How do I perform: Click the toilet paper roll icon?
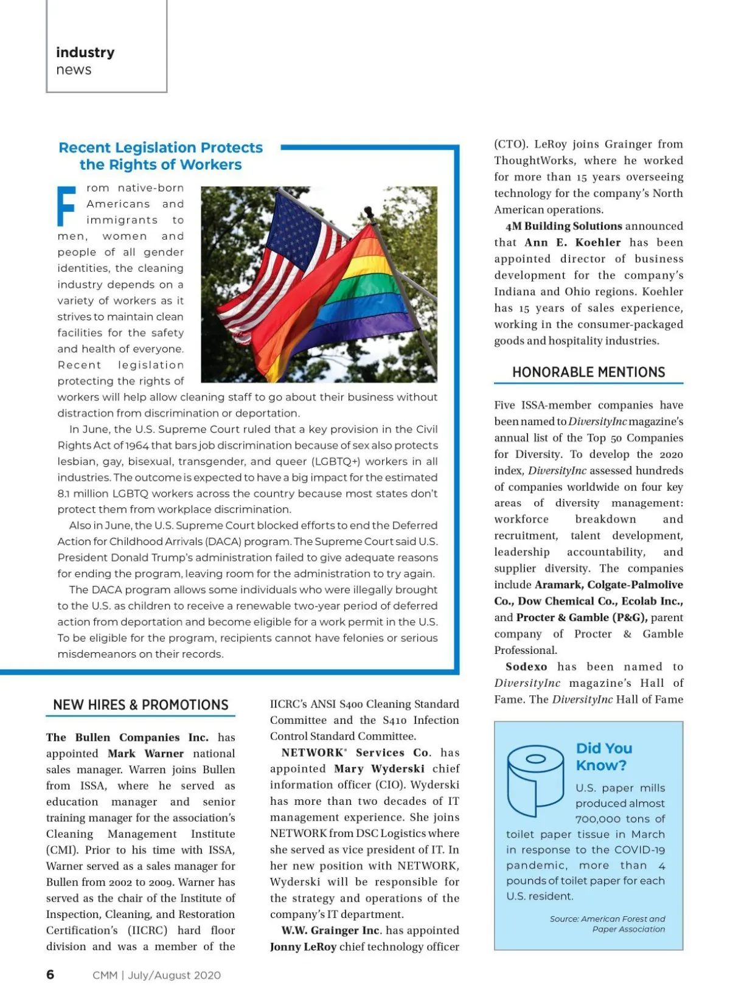tap(535, 781)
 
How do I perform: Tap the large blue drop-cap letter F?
tap(66, 206)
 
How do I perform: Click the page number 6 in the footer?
tap(50, 975)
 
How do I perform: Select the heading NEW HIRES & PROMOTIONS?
tap(141, 705)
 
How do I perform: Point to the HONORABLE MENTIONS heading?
tap(588, 372)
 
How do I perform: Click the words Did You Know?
tap(603, 757)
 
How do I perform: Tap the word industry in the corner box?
tap(85, 52)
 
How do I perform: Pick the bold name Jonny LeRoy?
tap(303, 947)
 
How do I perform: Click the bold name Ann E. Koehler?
tap(572, 242)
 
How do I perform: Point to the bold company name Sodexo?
tap(526, 667)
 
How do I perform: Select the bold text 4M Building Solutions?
tap(563, 226)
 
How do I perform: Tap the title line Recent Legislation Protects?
tap(161, 148)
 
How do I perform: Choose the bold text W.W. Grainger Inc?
tap(330, 930)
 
